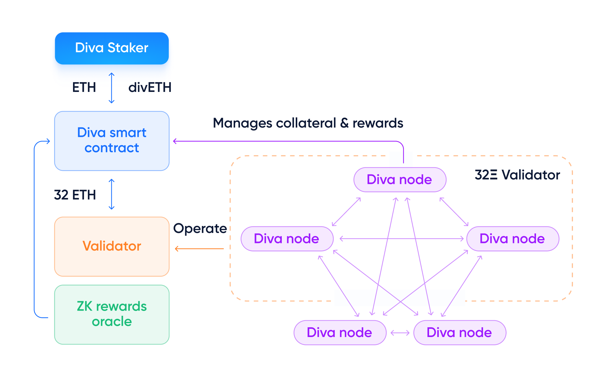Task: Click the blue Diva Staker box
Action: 112,48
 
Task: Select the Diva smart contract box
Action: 112,141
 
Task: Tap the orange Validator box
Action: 112,246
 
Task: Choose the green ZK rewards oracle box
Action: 112,314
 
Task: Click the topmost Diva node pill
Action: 400,180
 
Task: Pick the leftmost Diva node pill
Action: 287,239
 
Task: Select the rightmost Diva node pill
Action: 513,239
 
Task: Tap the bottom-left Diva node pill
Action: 340,332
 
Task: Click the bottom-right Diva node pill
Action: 459,332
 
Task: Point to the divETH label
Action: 150,87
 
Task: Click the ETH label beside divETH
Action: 84,87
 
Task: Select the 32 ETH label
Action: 75,195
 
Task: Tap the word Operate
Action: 200,228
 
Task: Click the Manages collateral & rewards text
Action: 308,123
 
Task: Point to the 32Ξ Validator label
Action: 517,175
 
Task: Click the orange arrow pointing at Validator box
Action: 199,249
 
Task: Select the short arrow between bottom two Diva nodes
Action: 400,333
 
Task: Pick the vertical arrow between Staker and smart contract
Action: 112,88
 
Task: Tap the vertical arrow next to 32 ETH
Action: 112,194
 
